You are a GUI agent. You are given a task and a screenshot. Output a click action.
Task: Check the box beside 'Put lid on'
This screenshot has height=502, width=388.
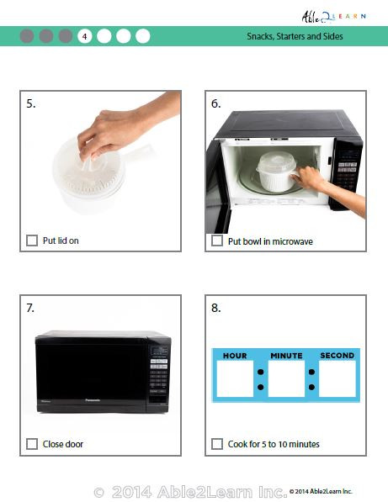click(x=32, y=240)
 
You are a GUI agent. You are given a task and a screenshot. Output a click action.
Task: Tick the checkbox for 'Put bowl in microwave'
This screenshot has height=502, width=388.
click(x=217, y=241)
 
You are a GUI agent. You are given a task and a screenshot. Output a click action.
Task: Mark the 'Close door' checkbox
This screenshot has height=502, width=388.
click(x=32, y=444)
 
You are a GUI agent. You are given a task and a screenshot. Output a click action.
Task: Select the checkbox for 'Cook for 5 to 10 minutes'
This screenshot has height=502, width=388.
click(x=217, y=444)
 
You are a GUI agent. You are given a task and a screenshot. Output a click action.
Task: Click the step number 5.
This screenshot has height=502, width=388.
click(x=31, y=103)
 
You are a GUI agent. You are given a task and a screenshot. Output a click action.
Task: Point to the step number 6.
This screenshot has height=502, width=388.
click(x=216, y=103)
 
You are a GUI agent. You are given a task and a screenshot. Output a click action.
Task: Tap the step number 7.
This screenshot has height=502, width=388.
click(x=31, y=308)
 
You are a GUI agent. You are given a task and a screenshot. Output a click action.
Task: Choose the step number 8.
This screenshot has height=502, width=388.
click(x=216, y=308)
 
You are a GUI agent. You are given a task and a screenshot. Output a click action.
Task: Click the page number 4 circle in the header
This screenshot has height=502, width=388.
click(x=84, y=36)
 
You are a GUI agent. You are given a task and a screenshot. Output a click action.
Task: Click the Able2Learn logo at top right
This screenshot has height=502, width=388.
click(x=333, y=15)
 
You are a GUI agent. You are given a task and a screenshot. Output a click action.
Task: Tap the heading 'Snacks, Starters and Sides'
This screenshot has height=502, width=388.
click(x=295, y=37)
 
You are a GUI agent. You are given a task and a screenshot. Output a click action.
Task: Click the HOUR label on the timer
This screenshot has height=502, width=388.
click(x=235, y=356)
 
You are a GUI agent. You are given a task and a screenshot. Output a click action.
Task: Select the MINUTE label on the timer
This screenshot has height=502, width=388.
click(x=286, y=356)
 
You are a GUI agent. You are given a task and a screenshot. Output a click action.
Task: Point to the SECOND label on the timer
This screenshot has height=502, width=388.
click(x=337, y=356)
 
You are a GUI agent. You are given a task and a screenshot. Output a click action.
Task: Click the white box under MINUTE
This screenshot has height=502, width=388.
click(x=286, y=379)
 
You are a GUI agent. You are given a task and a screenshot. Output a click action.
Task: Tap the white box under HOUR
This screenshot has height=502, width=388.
click(x=235, y=379)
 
